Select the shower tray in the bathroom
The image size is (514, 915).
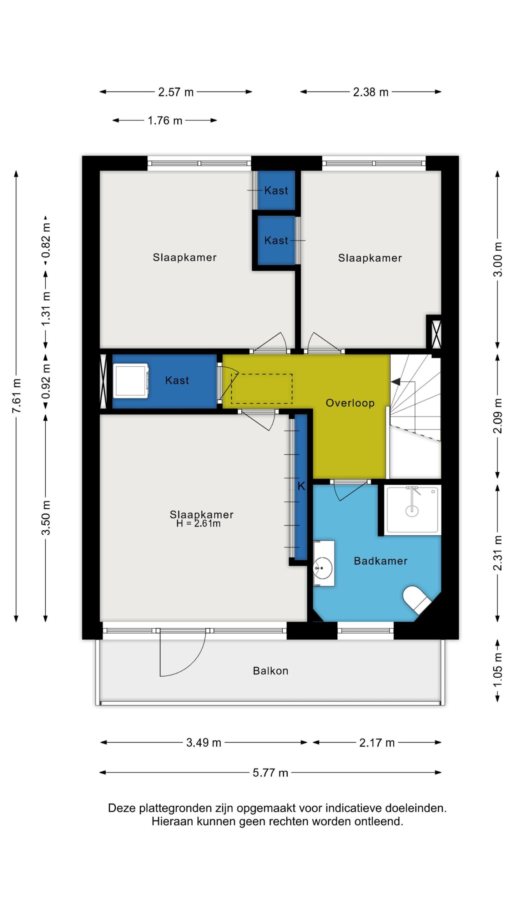(x=412, y=510)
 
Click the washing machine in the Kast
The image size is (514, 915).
(x=131, y=381)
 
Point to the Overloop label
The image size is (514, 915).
(x=350, y=403)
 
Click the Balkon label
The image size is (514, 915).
(x=271, y=671)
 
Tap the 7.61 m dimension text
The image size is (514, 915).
(x=17, y=396)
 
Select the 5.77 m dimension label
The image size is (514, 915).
(x=270, y=773)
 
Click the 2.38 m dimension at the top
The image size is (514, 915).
(x=371, y=92)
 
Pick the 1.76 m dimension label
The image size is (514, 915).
(x=165, y=120)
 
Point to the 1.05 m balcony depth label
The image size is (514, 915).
(x=498, y=671)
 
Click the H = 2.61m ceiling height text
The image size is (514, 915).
(x=198, y=524)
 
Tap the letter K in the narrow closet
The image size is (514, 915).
(x=301, y=486)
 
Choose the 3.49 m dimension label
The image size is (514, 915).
(x=203, y=743)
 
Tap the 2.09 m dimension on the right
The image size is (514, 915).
(x=498, y=416)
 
